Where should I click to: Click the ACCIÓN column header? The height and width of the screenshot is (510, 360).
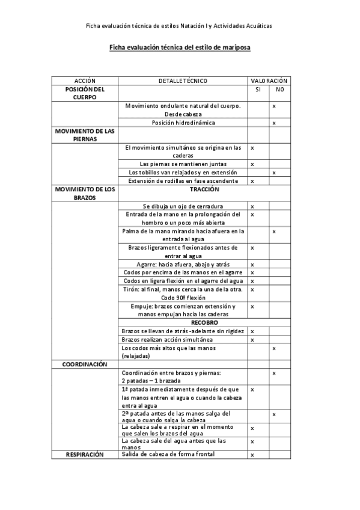click(x=85, y=80)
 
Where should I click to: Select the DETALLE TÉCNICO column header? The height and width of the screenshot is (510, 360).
click(x=183, y=80)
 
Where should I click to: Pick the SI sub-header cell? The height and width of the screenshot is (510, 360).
click(x=258, y=89)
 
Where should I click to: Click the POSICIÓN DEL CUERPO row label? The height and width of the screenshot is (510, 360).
click(x=85, y=93)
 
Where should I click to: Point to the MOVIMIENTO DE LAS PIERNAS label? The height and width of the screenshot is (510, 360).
click(x=85, y=134)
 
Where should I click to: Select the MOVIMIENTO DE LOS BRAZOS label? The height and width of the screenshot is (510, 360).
click(x=85, y=193)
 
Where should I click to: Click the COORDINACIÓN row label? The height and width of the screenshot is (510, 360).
click(x=85, y=364)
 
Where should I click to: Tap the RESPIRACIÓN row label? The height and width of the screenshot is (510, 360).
click(x=85, y=455)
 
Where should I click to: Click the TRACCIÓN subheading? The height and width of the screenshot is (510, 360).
click(x=183, y=189)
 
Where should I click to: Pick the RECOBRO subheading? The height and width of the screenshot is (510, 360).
click(x=183, y=322)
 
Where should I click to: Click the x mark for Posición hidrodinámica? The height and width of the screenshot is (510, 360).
click(x=274, y=123)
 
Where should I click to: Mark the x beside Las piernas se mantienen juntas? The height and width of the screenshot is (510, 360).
click(x=252, y=164)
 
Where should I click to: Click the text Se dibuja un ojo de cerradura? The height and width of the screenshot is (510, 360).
click(x=183, y=206)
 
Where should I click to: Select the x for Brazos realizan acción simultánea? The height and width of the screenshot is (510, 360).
click(x=252, y=340)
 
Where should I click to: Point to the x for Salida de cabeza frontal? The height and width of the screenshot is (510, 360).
click(x=252, y=455)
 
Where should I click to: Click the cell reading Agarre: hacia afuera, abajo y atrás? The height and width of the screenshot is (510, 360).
click(x=183, y=264)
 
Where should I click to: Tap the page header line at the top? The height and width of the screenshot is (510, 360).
click(x=179, y=26)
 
